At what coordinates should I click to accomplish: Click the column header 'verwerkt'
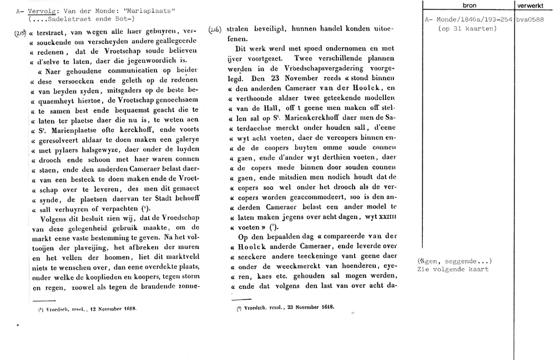(x=533, y=5)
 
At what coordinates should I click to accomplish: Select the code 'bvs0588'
(x=533, y=20)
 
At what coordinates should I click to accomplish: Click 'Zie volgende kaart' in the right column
(x=453, y=270)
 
